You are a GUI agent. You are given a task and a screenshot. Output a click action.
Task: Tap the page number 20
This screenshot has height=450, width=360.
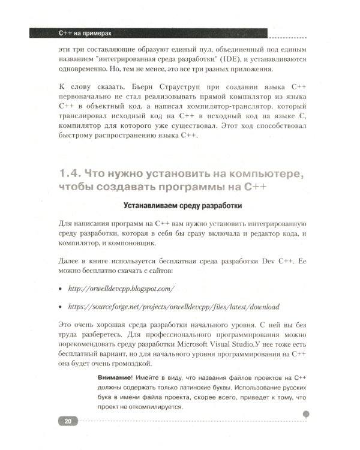pos(68,422)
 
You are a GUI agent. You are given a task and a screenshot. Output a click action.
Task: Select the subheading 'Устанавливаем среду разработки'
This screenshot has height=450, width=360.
pos(182,207)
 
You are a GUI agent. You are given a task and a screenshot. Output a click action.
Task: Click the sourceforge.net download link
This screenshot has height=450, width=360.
pos(173,307)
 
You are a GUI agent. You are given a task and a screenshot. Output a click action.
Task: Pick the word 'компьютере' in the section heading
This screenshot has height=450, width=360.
pos(262,174)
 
